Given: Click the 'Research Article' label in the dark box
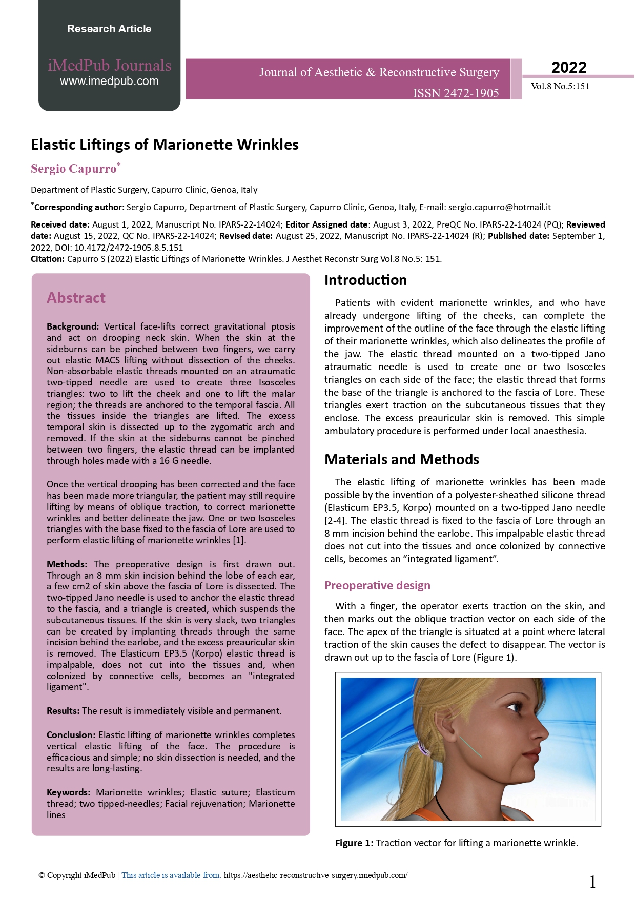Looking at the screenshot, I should (x=109, y=29).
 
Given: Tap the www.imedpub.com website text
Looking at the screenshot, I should (x=109, y=81).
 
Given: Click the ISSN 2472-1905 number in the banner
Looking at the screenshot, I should (x=456, y=93).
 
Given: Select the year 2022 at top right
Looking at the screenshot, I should (x=569, y=67).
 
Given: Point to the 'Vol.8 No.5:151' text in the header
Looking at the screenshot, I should (x=560, y=86).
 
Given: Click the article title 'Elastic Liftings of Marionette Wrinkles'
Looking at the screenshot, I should (x=165, y=145).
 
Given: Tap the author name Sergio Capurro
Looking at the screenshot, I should (x=74, y=169).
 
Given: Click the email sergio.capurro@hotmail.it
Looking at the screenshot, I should (x=499, y=207).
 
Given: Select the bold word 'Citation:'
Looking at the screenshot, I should (x=48, y=259).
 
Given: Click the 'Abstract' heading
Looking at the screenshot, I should (x=76, y=298).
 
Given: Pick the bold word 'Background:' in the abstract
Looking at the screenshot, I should (x=73, y=326).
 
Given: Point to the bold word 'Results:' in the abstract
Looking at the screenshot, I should (x=63, y=711).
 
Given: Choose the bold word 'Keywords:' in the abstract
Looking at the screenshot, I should (x=68, y=792).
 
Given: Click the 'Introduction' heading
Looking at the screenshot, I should (x=365, y=280).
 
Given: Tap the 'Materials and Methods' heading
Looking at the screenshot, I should (x=402, y=459).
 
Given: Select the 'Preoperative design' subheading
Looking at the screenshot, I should (x=377, y=585).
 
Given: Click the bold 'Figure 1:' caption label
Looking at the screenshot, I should (x=354, y=843).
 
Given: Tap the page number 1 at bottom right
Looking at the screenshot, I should (x=593, y=882).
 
